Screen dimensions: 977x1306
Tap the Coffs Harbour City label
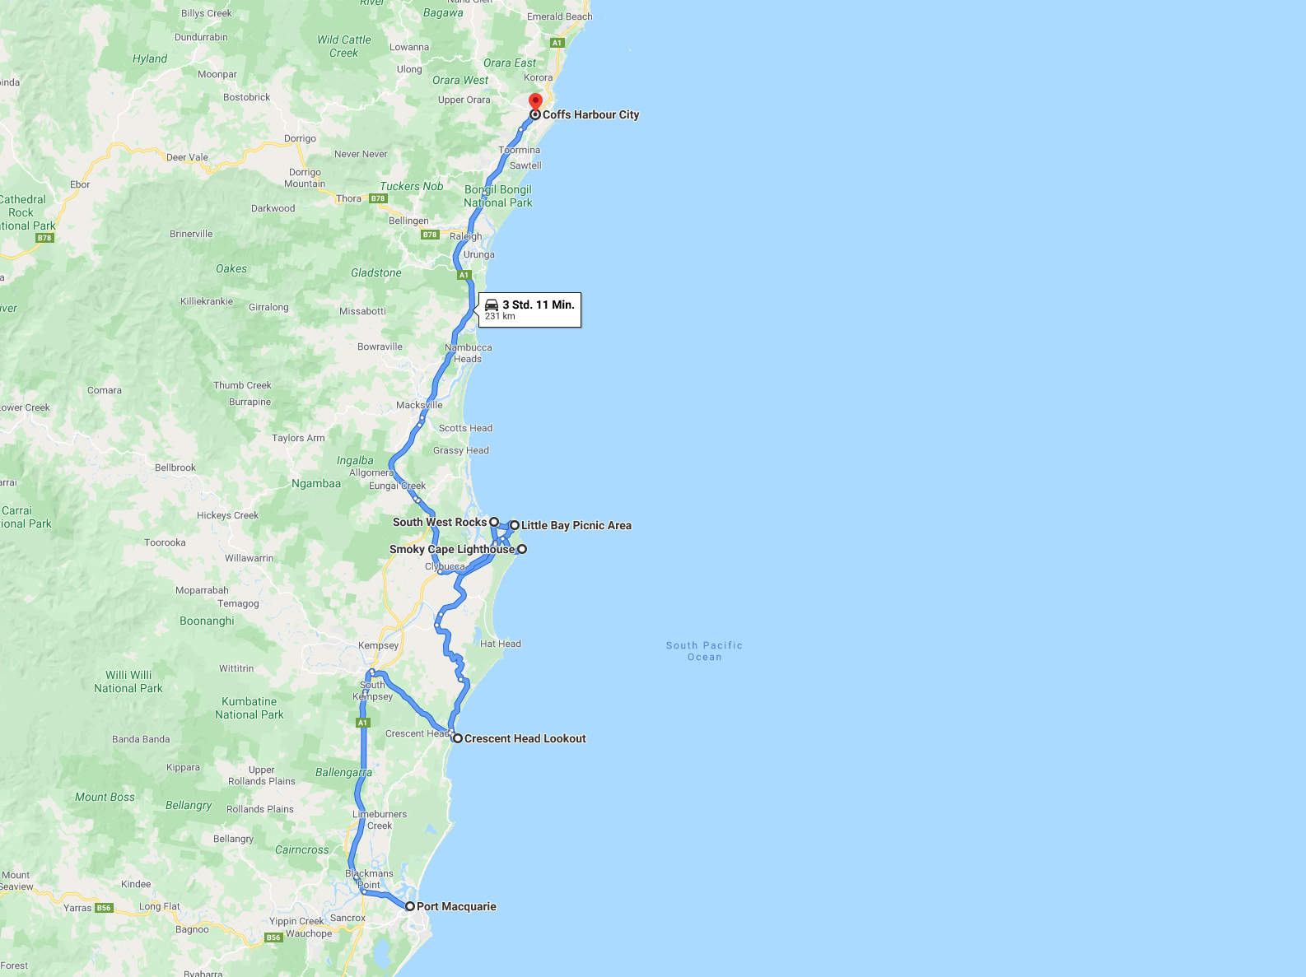590,114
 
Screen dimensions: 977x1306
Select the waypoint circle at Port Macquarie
409,906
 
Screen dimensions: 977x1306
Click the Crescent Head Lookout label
525,738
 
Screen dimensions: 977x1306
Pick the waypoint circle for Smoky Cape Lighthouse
522,549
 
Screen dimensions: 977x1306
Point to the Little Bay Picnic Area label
576,525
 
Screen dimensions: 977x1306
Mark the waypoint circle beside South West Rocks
494,522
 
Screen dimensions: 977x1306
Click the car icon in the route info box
492,305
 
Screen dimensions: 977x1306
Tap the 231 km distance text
500,316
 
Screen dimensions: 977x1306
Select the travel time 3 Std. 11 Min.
539,305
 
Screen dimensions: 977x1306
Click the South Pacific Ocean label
704,651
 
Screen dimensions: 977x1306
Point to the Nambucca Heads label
468,353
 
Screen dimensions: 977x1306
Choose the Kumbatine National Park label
249,708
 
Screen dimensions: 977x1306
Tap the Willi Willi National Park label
128,682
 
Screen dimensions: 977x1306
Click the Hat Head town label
501,644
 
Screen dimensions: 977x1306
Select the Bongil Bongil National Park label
498,196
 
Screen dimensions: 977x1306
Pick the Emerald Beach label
559,16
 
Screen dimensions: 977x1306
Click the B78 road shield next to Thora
378,198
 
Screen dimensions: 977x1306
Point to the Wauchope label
309,933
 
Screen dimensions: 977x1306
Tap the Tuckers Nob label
412,186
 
